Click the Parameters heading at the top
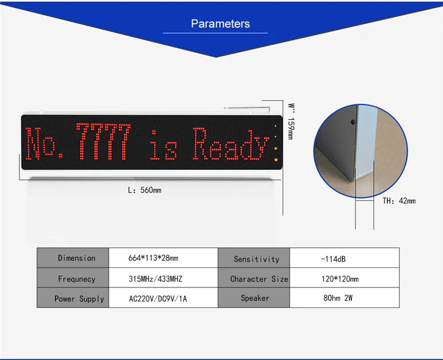coord(220,24)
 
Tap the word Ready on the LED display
coord(231,144)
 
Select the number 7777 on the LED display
coord(103,143)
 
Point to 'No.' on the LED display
coord(49,144)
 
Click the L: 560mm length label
coord(145,190)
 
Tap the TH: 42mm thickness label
coord(399,201)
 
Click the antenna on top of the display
coord(247,109)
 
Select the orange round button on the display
coord(275,160)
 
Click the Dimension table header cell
coord(76,258)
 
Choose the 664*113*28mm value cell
coord(153,258)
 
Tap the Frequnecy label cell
coord(76,279)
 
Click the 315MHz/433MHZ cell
coord(153,279)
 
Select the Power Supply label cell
coord(76,299)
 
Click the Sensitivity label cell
coord(256,258)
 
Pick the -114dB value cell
coord(334,258)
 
